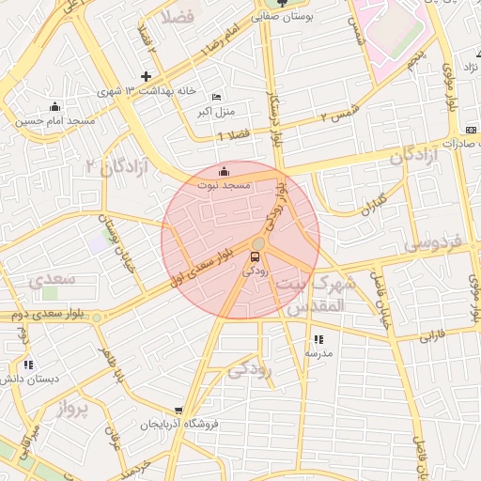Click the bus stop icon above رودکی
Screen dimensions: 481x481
(256, 257)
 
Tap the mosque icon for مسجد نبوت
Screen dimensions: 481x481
(224, 172)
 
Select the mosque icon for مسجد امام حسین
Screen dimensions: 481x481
(54, 107)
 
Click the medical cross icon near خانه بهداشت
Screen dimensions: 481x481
(146, 76)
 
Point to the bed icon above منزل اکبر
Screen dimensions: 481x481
(217, 97)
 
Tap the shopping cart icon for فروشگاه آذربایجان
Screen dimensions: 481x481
(178, 411)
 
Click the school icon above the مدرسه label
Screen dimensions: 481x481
(318, 339)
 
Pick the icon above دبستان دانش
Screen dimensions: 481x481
(28, 365)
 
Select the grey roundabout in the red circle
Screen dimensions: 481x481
(258, 243)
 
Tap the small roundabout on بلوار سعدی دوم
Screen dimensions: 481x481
(97, 316)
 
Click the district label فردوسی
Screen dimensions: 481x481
(434, 243)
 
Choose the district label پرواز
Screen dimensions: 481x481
(70, 409)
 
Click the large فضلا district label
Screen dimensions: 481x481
(176, 16)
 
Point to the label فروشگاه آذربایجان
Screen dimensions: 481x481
(179, 425)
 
